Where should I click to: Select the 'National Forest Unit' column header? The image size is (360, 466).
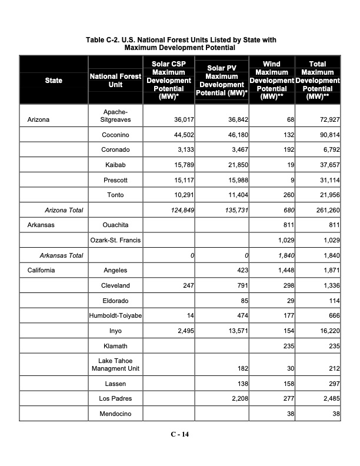coord(115,80)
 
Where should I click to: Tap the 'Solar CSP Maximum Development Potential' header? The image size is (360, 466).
coord(169,80)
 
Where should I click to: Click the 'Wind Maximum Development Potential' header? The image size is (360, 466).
coord(271,80)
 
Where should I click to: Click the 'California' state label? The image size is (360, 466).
coord(41,271)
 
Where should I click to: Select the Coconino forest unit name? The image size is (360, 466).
coord(115,135)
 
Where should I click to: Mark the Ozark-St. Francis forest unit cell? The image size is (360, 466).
coord(115,240)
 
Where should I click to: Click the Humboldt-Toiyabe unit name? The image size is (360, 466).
coord(115,316)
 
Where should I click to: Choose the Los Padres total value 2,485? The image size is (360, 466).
coord(330,399)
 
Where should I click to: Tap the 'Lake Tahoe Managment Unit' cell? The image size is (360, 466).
coord(115,365)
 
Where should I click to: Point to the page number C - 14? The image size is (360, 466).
coord(180,435)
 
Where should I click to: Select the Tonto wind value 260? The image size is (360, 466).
coord(288,195)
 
